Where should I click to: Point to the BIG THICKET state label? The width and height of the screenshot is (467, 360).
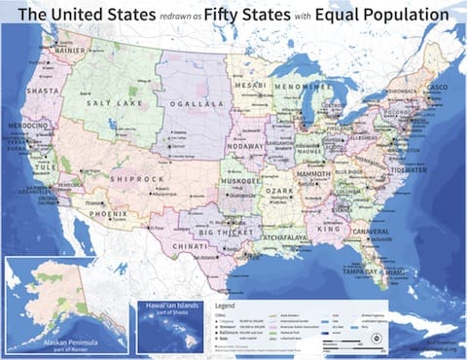[225, 233]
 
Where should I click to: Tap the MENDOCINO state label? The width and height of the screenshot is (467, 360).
[29, 126]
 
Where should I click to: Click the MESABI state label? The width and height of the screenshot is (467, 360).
[251, 86]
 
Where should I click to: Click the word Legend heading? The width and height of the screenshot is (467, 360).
[228, 304]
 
